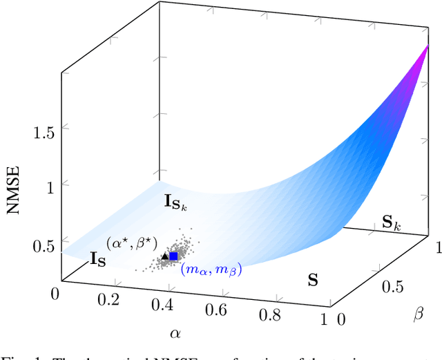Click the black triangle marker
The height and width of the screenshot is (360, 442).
(164, 256)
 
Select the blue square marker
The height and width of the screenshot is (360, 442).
(173, 256)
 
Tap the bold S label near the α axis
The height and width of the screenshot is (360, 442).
(313, 281)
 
